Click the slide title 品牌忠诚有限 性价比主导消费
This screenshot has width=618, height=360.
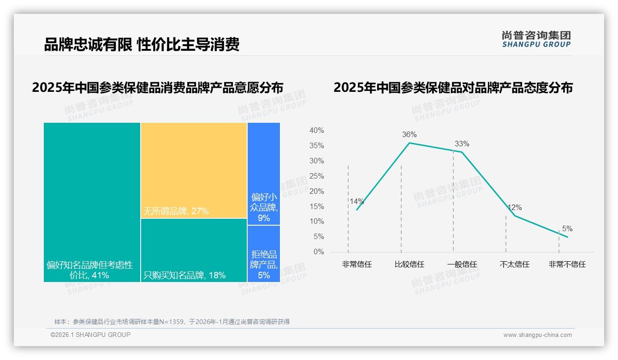pyautogui.click(x=142, y=44)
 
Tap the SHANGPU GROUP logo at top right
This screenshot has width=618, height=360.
pyautogui.click(x=536, y=39)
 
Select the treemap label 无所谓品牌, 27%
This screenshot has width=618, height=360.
pyautogui.click(x=176, y=211)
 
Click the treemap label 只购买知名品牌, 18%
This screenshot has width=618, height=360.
pyautogui.click(x=184, y=276)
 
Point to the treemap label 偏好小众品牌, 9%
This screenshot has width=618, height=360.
pyautogui.click(x=264, y=207)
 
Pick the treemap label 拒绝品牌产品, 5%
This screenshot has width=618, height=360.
pyautogui.click(x=264, y=265)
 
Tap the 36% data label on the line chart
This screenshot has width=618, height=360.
pyautogui.click(x=409, y=135)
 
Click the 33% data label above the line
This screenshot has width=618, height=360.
pyautogui.click(x=462, y=144)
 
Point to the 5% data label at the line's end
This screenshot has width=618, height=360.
pyautogui.click(x=567, y=229)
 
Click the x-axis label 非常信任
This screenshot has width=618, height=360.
pyautogui.click(x=357, y=264)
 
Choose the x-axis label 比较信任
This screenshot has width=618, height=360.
pyautogui.click(x=409, y=264)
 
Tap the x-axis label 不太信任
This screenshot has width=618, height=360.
pyautogui.click(x=514, y=264)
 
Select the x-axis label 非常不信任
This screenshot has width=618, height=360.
pyautogui.click(x=567, y=264)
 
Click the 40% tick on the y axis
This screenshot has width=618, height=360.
pyautogui.click(x=316, y=131)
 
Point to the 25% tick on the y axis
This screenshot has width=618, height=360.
pyautogui.click(x=316, y=176)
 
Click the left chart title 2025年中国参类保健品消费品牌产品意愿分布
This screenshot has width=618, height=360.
pyautogui.click(x=157, y=87)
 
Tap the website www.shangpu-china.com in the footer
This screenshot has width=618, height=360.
pyautogui.click(x=537, y=335)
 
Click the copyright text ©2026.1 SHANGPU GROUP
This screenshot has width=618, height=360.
pyautogui.click(x=90, y=335)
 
